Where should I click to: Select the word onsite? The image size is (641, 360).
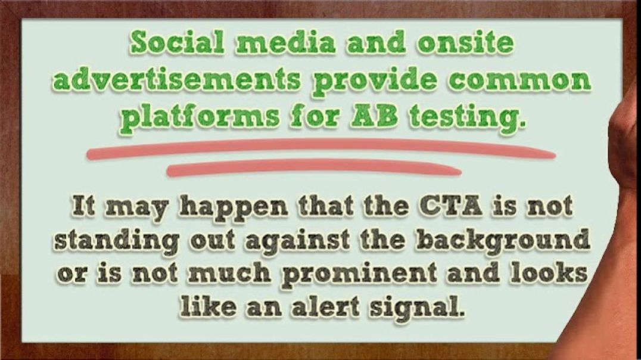(x=465, y=42)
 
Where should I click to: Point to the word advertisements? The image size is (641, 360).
(x=176, y=80)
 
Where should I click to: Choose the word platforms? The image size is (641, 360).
(x=203, y=117)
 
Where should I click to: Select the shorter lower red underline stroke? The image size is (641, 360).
(x=313, y=169)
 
